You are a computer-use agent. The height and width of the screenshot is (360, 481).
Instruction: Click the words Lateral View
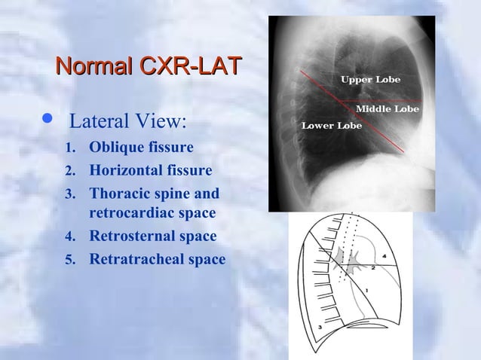[127, 121]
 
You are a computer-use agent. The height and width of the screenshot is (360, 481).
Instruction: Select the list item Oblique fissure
[141, 146]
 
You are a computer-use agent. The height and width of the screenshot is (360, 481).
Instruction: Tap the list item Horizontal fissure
[150, 169]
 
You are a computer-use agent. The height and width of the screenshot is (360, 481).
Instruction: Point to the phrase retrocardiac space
[152, 214]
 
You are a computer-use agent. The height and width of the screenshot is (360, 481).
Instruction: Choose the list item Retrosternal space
[152, 236]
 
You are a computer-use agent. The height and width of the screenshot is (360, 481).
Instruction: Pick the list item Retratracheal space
[157, 259]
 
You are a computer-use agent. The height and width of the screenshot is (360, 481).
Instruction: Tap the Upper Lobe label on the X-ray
[370, 79]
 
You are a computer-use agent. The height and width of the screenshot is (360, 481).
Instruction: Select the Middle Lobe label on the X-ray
[387, 109]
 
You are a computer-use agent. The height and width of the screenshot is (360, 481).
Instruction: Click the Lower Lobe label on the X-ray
[332, 125]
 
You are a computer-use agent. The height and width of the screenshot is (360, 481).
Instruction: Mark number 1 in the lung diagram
[366, 290]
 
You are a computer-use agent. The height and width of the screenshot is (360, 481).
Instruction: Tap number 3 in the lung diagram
[320, 328]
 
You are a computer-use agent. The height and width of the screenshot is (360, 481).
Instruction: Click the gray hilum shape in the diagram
[351, 260]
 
